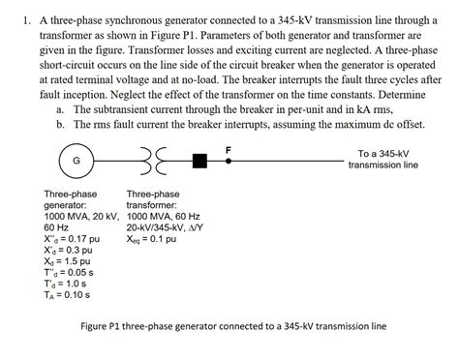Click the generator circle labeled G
(x=76, y=159)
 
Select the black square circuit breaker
(x=200, y=160)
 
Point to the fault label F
(x=229, y=148)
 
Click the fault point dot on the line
(x=229, y=160)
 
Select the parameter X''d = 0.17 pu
(x=72, y=237)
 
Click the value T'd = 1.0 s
(x=67, y=285)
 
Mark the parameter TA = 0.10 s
(x=68, y=296)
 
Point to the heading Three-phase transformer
(x=152, y=199)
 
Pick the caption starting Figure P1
(x=231, y=326)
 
